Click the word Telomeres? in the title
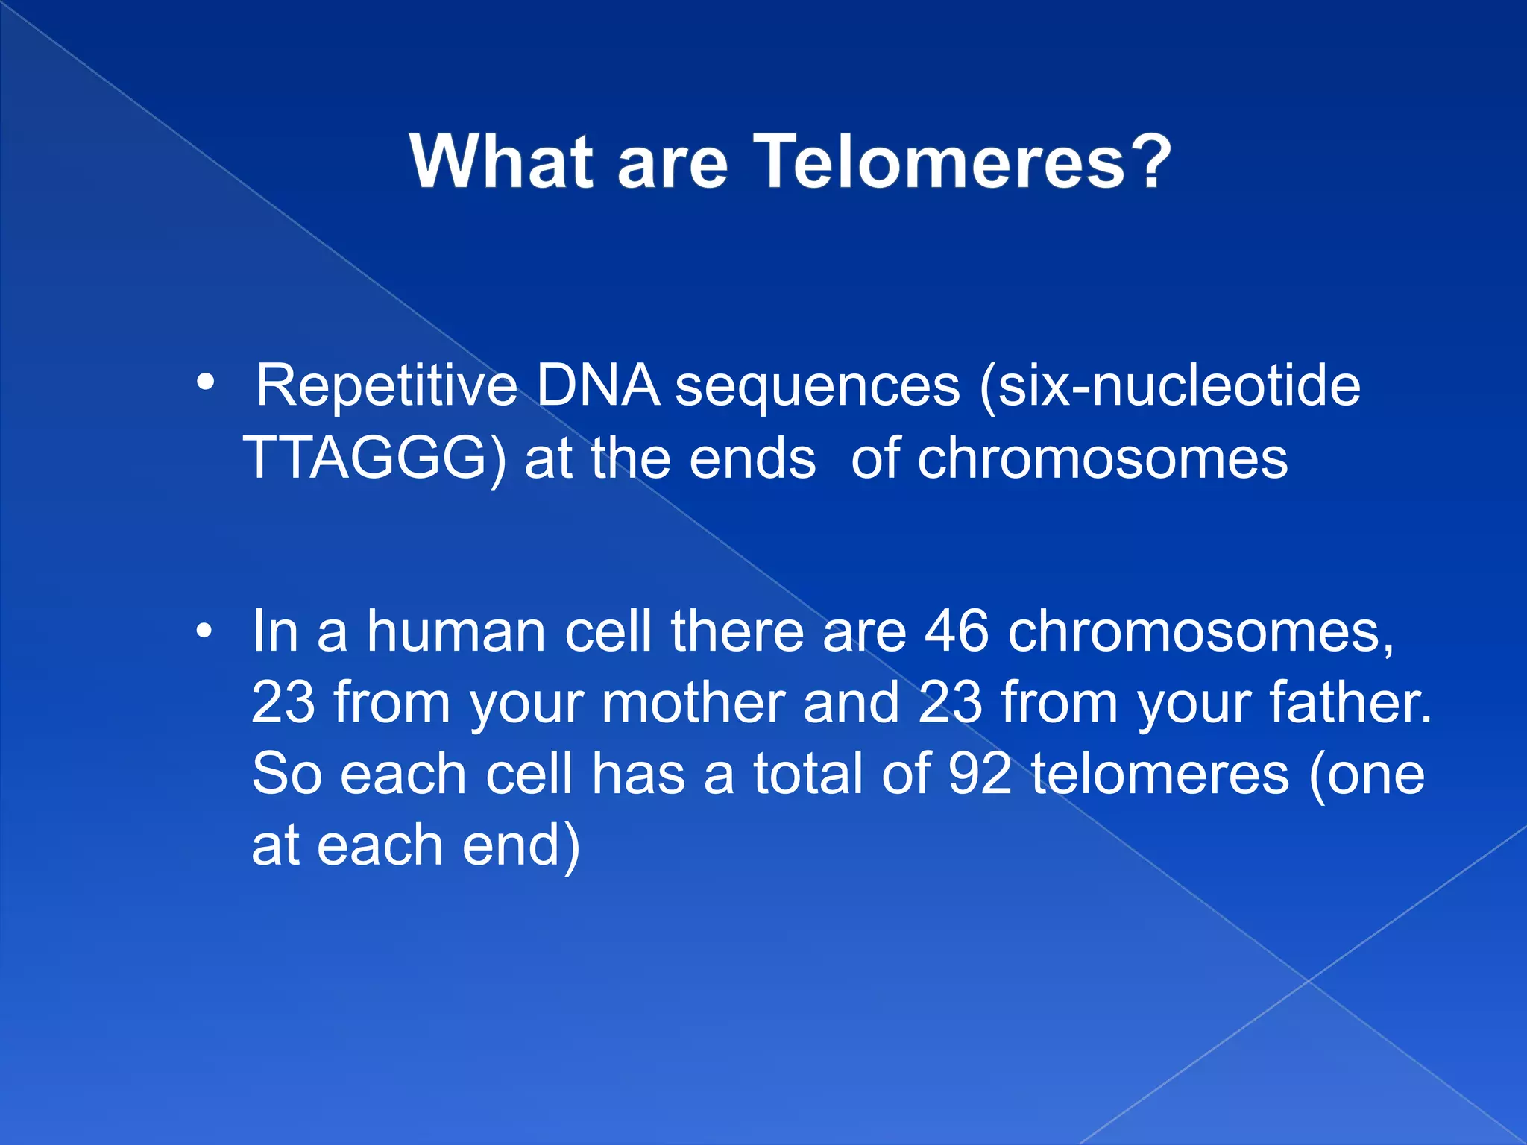tap(962, 162)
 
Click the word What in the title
tap(501, 162)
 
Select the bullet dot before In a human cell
tap(204, 632)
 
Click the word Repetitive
tap(386, 386)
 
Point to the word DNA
tap(597, 386)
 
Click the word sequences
tap(817, 388)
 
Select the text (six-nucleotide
tap(1169, 386)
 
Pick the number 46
tap(957, 631)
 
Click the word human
tap(456, 631)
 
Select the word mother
tap(693, 703)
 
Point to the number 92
tap(980, 774)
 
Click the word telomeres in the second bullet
tap(1160, 774)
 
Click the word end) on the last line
tap(520, 845)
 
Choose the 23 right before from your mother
tap(283, 703)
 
